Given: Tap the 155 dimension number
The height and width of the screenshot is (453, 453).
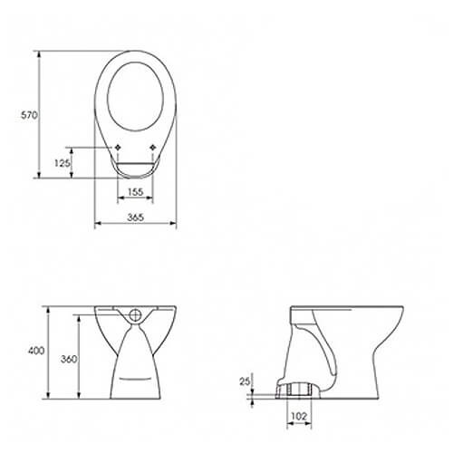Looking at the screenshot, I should [134, 191].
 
